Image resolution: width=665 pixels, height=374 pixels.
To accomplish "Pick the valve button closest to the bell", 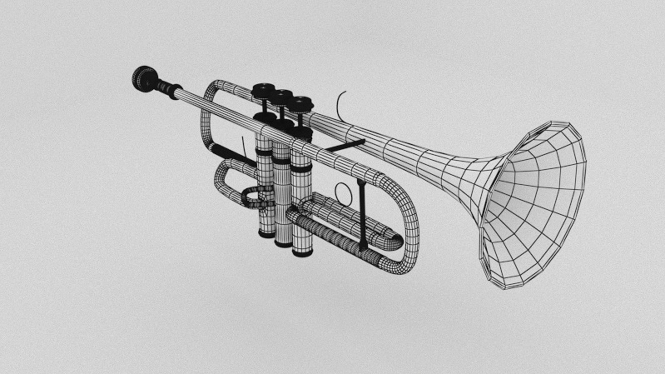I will (x=301, y=104).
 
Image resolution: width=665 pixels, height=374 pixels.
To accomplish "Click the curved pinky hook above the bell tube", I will (x=340, y=106).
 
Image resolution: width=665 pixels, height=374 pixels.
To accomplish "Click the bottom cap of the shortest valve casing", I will (x=266, y=234).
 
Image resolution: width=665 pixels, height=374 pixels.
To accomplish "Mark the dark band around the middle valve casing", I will (x=282, y=161).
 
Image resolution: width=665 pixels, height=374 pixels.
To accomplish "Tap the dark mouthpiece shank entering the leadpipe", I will (x=166, y=87).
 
